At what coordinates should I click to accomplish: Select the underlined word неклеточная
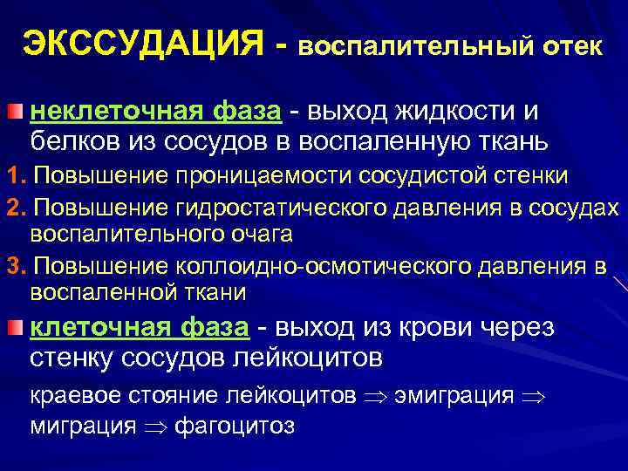coord(108,112)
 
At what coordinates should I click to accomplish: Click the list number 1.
coord(11,175)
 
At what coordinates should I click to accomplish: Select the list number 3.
coord(11,265)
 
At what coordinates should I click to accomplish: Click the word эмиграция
coord(454,395)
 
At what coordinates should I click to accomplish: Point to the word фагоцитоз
coord(235,426)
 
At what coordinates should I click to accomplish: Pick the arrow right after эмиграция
coord(531,396)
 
